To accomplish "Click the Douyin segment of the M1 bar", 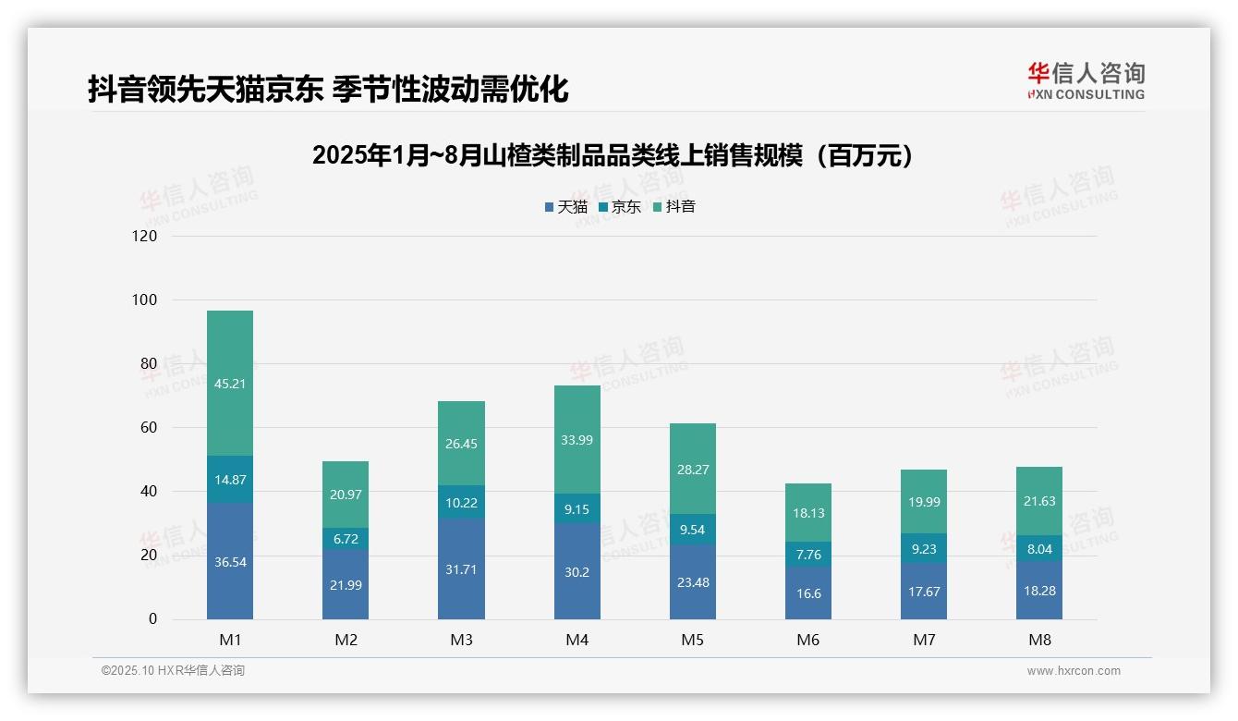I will pyautogui.click(x=230, y=383).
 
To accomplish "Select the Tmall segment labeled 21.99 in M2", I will pyautogui.click(x=346, y=585).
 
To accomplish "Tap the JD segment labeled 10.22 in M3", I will pyautogui.click(x=461, y=502).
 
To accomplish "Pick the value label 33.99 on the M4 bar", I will pyautogui.click(x=577, y=440).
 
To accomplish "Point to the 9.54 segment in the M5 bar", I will pyautogui.click(x=692, y=530).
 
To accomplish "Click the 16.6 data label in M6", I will pyautogui.click(x=807, y=594).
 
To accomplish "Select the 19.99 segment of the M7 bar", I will pyautogui.click(x=923, y=502).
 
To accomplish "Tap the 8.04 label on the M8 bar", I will pyautogui.click(x=1038, y=548).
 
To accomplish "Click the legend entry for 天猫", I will pyautogui.click(x=566, y=207).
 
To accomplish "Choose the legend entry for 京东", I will pyautogui.click(x=620, y=207).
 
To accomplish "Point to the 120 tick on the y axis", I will pyautogui.click(x=145, y=236).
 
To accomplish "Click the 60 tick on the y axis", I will pyautogui.click(x=148, y=428).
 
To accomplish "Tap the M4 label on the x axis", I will pyautogui.click(x=577, y=640).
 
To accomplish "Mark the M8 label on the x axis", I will pyautogui.click(x=1038, y=640).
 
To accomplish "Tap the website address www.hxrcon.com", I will pyautogui.click(x=1074, y=671).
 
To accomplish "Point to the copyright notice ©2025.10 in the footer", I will pyautogui.click(x=173, y=671).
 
